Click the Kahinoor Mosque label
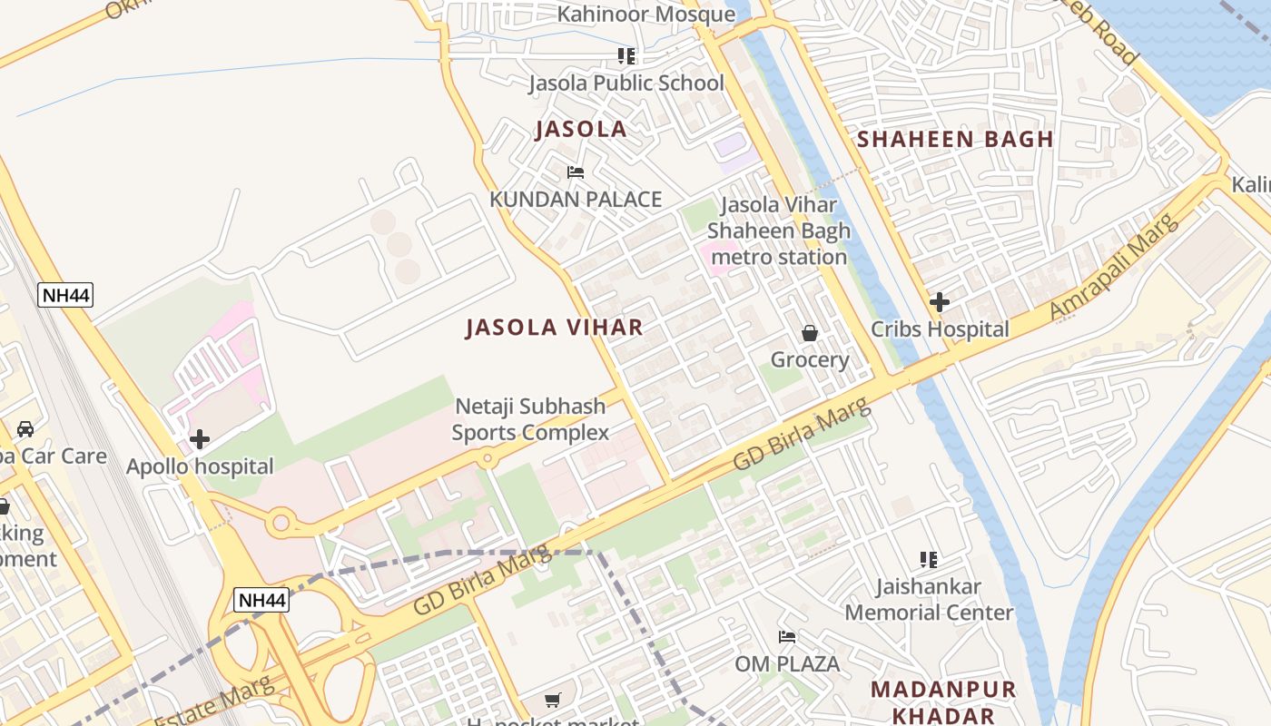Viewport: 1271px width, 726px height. (x=645, y=15)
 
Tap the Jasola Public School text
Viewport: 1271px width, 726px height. (x=626, y=83)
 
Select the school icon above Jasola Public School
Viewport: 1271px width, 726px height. (x=626, y=56)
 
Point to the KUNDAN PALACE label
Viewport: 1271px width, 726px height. (x=576, y=200)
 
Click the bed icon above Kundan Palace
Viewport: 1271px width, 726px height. (x=575, y=172)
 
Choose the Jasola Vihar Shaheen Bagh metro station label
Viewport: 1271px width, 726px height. (x=779, y=231)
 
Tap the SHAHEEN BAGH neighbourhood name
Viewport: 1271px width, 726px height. (x=955, y=140)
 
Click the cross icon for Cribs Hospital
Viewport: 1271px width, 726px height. (x=940, y=301)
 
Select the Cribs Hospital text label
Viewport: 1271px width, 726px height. (x=940, y=329)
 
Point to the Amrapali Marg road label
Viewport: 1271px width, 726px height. (x=1114, y=266)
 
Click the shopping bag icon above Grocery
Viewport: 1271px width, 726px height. (x=810, y=333)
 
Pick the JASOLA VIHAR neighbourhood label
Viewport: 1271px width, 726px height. (x=554, y=328)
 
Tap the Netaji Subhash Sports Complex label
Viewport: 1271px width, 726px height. (x=530, y=419)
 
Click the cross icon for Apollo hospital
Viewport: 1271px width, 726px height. (x=200, y=440)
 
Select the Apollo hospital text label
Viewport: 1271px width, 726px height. (x=200, y=467)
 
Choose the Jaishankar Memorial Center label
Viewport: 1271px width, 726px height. (x=929, y=600)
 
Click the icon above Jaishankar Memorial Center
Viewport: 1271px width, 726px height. (x=928, y=560)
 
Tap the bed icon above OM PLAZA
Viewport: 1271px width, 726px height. (x=787, y=637)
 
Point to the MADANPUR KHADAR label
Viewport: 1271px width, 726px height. (x=944, y=701)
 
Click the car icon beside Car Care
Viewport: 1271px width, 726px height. (x=25, y=428)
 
